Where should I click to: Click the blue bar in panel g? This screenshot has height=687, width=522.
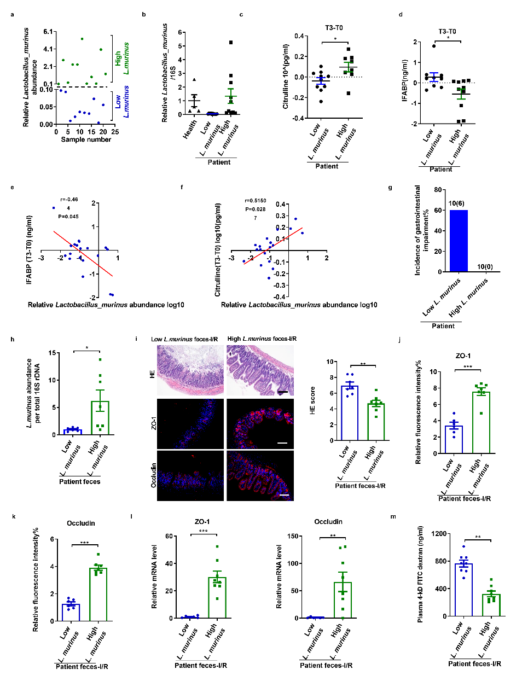pos(459,241)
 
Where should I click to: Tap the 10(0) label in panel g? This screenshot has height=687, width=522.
pos(485,267)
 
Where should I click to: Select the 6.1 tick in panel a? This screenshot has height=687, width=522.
pos(48,32)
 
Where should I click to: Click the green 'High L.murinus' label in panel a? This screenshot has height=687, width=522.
pos(122,59)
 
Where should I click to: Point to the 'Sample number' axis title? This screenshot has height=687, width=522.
pos(86,139)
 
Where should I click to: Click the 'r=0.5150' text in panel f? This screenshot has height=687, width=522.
pos(256,201)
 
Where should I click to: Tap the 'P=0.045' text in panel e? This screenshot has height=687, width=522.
pos(68,217)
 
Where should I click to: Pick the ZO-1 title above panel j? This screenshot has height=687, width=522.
pos(463,356)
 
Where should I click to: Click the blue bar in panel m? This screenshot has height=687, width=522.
pos(463,590)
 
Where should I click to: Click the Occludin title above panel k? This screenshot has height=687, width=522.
pos(81,523)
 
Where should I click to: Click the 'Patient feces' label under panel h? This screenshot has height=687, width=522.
pos(80,482)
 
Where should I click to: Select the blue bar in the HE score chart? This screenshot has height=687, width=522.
pos(350,413)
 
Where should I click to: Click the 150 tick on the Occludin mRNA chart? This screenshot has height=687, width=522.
pos(293,536)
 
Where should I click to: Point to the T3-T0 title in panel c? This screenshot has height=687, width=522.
pos(334,28)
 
